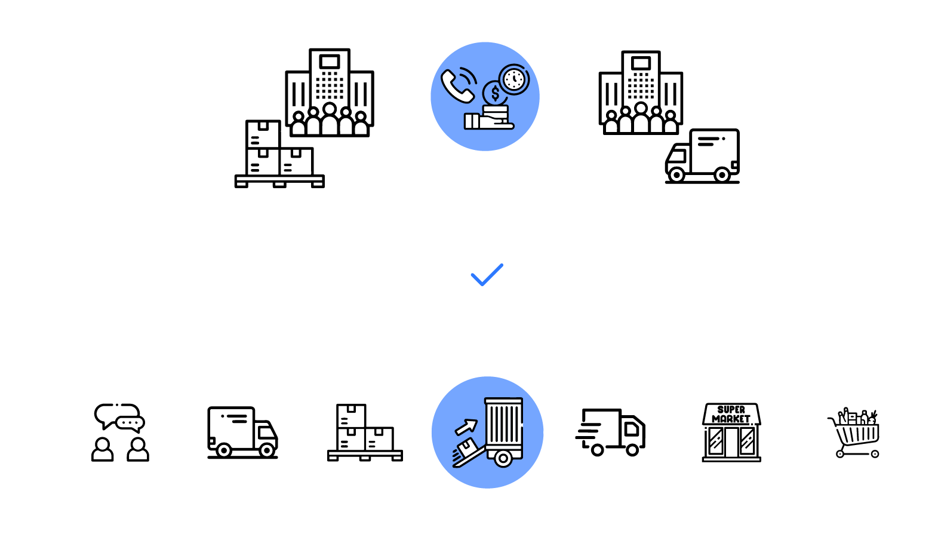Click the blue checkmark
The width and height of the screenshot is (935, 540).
click(487, 275)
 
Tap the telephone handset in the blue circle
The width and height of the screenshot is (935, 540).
click(457, 85)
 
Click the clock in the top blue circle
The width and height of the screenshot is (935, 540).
click(513, 79)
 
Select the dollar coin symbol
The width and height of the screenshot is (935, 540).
click(495, 93)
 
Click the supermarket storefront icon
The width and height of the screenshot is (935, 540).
click(731, 432)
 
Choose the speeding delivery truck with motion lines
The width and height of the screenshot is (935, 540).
click(611, 432)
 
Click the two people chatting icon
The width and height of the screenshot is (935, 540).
click(120, 432)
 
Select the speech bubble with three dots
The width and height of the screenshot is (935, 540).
click(130, 423)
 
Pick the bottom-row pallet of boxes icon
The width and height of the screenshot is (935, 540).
click(365, 432)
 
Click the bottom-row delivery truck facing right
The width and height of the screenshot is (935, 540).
click(242, 432)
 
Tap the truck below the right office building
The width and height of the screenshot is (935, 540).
click(703, 156)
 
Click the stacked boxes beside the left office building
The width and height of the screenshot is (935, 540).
click(279, 154)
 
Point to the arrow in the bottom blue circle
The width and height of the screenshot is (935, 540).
click(466, 427)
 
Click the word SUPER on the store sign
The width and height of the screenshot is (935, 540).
click(731, 410)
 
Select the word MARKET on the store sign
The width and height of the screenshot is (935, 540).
click(731, 419)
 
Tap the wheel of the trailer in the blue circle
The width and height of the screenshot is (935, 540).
click(503, 459)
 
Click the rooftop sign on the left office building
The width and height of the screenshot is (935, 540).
click(330, 62)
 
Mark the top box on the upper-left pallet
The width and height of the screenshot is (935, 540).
click(263, 134)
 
